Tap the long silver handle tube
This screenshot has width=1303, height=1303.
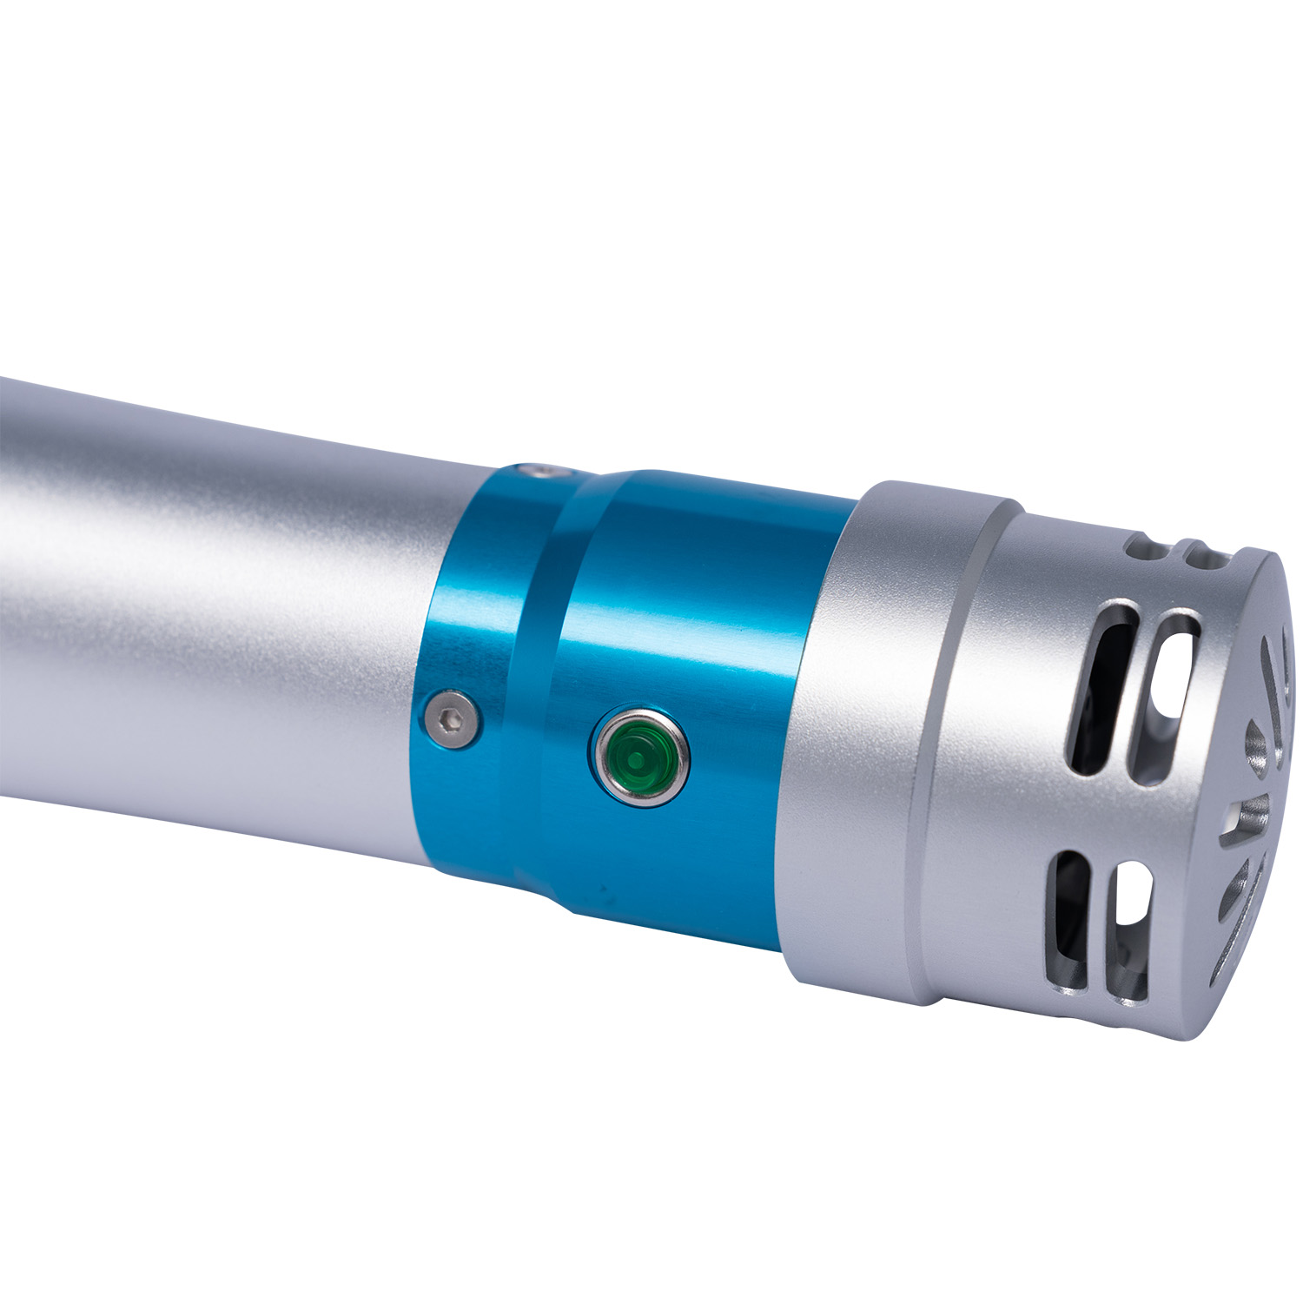[x=217, y=608]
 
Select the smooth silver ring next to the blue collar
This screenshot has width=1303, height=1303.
[x=877, y=738]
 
